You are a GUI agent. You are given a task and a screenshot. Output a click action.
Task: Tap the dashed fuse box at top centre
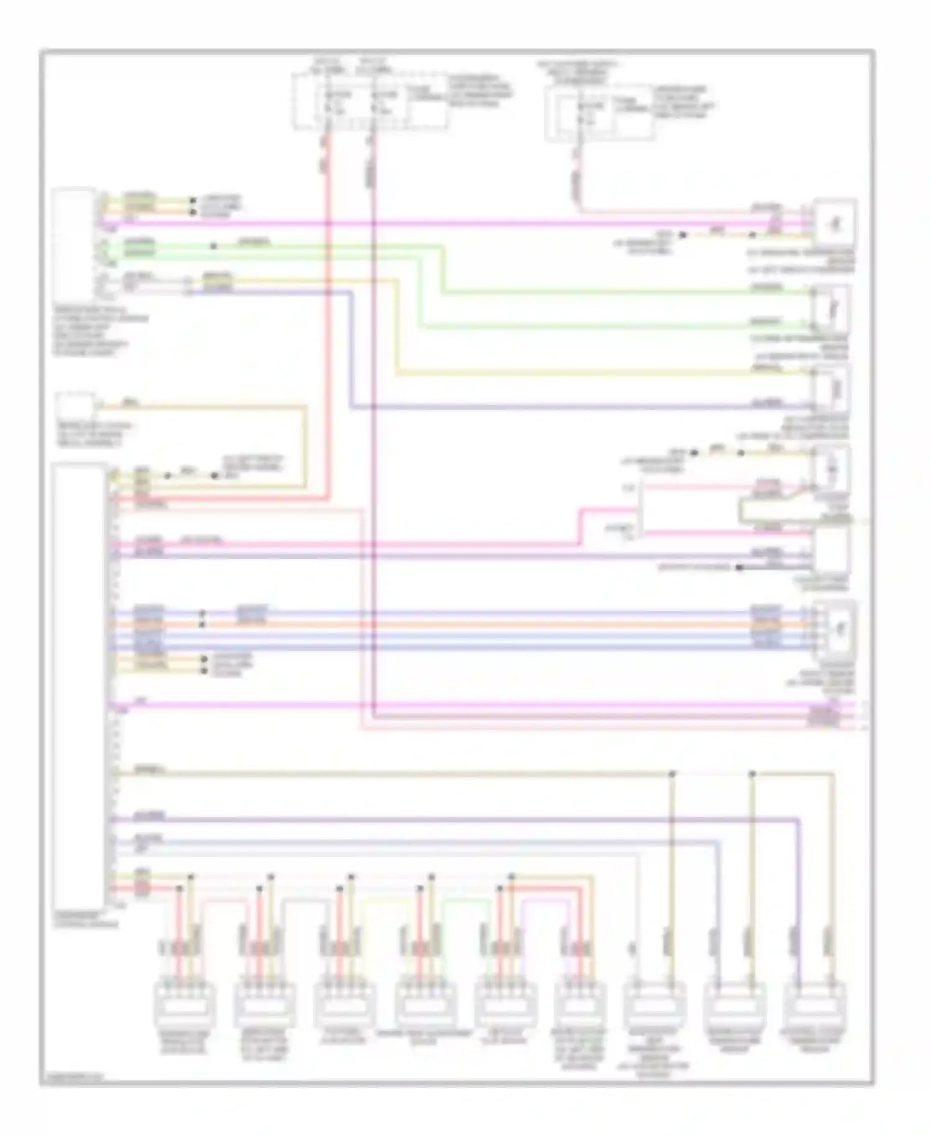[x=370, y=101]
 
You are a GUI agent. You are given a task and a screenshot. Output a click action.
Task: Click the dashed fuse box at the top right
[x=599, y=114]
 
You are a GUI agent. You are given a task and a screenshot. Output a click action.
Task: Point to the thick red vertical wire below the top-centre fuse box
[x=326, y=310]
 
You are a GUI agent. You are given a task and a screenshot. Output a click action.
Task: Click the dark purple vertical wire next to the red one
[x=374, y=435]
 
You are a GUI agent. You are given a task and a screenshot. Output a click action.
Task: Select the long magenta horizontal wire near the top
[x=434, y=222]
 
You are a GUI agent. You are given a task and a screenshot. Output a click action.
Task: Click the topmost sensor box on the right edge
[x=835, y=221]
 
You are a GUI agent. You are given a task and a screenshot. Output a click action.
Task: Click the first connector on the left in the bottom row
[x=184, y=1003]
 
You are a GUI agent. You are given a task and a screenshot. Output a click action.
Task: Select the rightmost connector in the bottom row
[x=814, y=1003]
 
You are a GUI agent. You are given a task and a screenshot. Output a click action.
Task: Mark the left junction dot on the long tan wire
[x=672, y=774]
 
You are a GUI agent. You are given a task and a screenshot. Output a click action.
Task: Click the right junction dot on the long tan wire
[x=752, y=774]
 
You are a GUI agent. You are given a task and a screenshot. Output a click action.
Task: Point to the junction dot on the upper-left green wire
[x=214, y=246]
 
